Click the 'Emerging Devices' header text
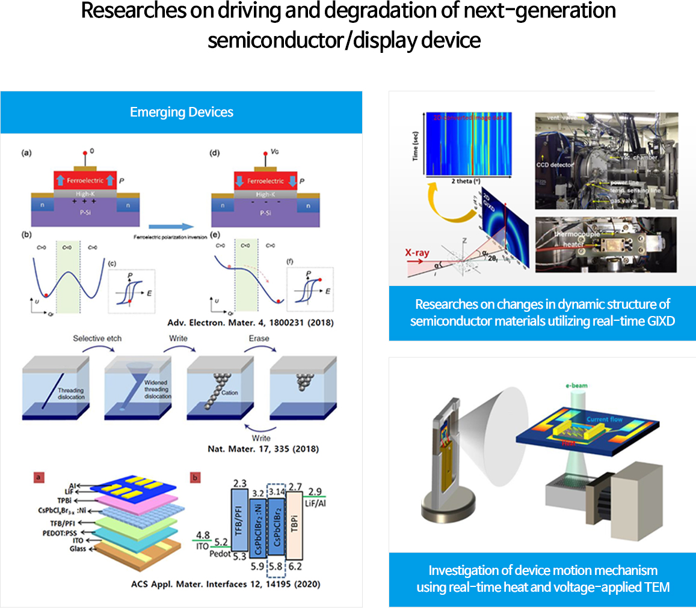pyautogui.click(x=182, y=112)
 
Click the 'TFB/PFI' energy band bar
pyautogui.click(x=241, y=514)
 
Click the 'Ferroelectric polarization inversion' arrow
pyautogui.click(x=171, y=226)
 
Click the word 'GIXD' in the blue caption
pyautogui.click(x=658, y=321)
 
